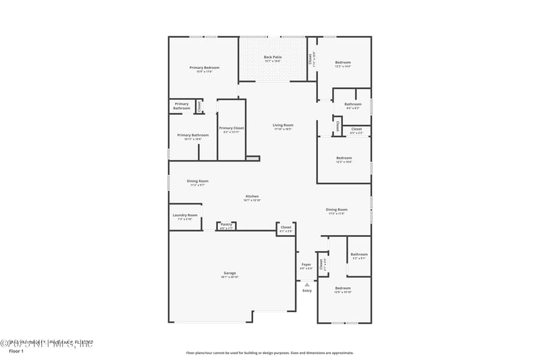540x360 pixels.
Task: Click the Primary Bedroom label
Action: pyautogui.click(x=205, y=68)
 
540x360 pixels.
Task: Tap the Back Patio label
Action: pyautogui.click(x=273, y=57)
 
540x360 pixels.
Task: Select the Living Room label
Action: pyautogui.click(x=283, y=125)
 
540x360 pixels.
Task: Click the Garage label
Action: pyautogui.click(x=230, y=274)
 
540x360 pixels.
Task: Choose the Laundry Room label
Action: pyautogui.click(x=185, y=215)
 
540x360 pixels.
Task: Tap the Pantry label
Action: pyautogui.click(x=226, y=224)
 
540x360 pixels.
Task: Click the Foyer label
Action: pyautogui.click(x=306, y=264)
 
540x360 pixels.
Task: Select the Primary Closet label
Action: pyautogui.click(x=232, y=128)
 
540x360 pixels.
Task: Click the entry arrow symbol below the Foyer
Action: pyautogui.click(x=306, y=284)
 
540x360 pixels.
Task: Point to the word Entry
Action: pyautogui.click(x=307, y=290)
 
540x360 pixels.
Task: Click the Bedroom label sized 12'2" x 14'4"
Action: pyautogui.click(x=343, y=63)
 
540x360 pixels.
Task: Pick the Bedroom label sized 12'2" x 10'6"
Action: pyautogui.click(x=344, y=159)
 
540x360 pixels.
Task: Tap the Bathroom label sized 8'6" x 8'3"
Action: pyautogui.click(x=353, y=104)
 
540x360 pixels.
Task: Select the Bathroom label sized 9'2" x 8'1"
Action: pyautogui.click(x=358, y=255)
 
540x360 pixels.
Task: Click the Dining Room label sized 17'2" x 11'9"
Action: pyautogui.click(x=336, y=210)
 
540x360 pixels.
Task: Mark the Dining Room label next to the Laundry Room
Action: pyautogui.click(x=198, y=181)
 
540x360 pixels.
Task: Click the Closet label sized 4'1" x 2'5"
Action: pyautogui.click(x=286, y=228)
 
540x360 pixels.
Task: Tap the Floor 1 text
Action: pyautogui.click(x=16, y=352)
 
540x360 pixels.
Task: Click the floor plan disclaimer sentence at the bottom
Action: pyautogui.click(x=269, y=353)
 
